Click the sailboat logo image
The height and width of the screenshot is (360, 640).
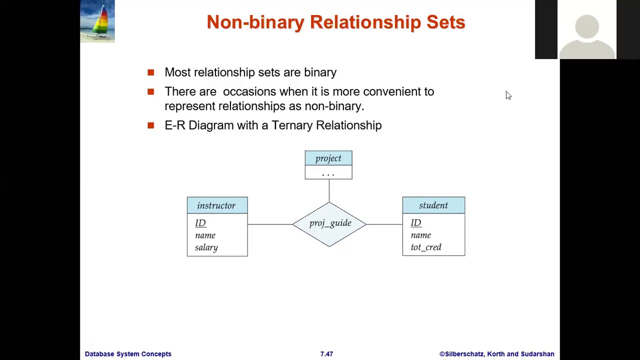point(97,21)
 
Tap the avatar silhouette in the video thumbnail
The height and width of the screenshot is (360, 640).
point(586,35)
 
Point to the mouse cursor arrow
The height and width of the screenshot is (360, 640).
point(508,95)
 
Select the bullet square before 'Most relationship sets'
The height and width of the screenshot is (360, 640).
point(151,72)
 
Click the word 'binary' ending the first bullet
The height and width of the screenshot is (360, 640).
point(320,72)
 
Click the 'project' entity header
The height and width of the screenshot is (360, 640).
point(328,158)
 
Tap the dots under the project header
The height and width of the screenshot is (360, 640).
point(328,174)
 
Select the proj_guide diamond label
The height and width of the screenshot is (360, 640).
point(330,223)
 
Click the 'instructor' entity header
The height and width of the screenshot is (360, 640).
point(216,205)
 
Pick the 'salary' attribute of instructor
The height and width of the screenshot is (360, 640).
point(206,247)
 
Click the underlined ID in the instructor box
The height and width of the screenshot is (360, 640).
point(200,223)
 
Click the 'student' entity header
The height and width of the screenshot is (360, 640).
point(433,205)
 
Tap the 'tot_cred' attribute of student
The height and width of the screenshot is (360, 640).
point(426,247)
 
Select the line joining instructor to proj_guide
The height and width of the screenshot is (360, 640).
point(270,224)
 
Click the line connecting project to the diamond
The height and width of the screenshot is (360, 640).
point(329,190)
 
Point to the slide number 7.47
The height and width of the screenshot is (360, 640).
point(326,354)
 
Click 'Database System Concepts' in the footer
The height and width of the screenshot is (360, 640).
point(128,354)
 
